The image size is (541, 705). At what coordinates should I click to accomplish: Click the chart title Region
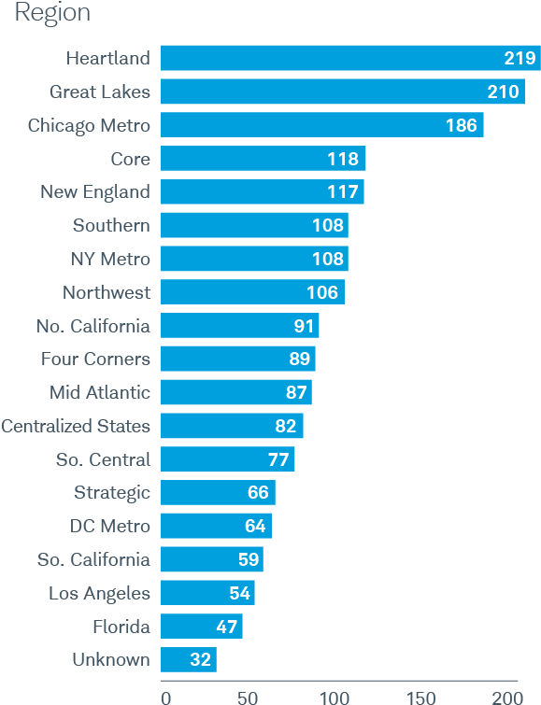52,13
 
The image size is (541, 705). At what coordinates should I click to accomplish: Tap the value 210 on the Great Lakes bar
504,92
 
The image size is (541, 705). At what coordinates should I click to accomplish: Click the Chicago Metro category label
89,125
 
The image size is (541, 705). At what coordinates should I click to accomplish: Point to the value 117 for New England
343,192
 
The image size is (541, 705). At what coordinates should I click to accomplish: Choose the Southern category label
111,225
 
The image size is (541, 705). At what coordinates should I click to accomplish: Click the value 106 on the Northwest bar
322,292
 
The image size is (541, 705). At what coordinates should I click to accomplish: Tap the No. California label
93,326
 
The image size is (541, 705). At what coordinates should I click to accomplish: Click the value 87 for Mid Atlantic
291,392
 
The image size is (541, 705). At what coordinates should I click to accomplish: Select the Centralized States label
76,426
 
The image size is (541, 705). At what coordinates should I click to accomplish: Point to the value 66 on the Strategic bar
258,493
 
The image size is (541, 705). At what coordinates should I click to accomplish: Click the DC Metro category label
110,526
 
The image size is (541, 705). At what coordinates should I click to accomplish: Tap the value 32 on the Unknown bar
200,660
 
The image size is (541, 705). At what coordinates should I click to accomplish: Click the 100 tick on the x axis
335,697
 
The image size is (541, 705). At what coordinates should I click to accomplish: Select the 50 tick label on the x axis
248,697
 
